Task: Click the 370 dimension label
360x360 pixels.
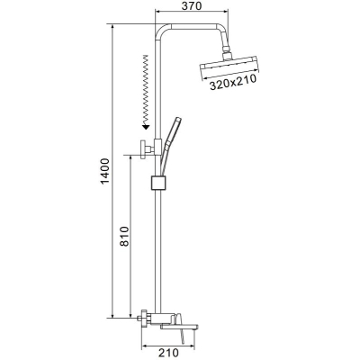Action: point(192,5)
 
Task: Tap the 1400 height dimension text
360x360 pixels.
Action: point(105,171)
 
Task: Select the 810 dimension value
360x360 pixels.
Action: point(124,237)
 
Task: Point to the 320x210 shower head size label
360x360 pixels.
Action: point(232,83)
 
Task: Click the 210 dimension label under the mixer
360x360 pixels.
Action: point(168,353)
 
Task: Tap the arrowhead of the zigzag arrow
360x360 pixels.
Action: point(146,127)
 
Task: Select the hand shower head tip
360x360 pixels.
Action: point(178,121)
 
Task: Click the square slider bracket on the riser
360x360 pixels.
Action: point(158,183)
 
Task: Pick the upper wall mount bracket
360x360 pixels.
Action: point(147,148)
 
